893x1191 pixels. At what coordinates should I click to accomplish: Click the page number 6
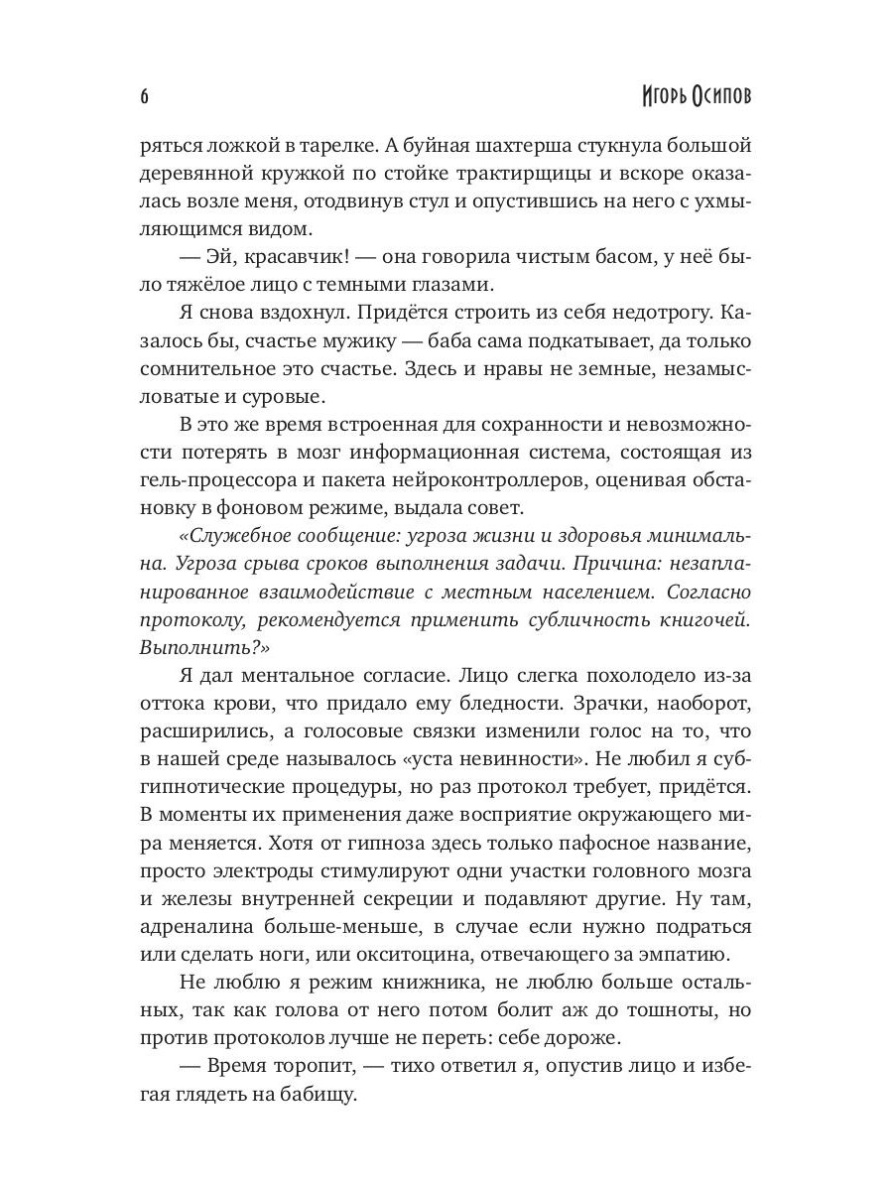[x=144, y=96]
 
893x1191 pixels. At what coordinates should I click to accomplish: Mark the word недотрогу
[x=642, y=313]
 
